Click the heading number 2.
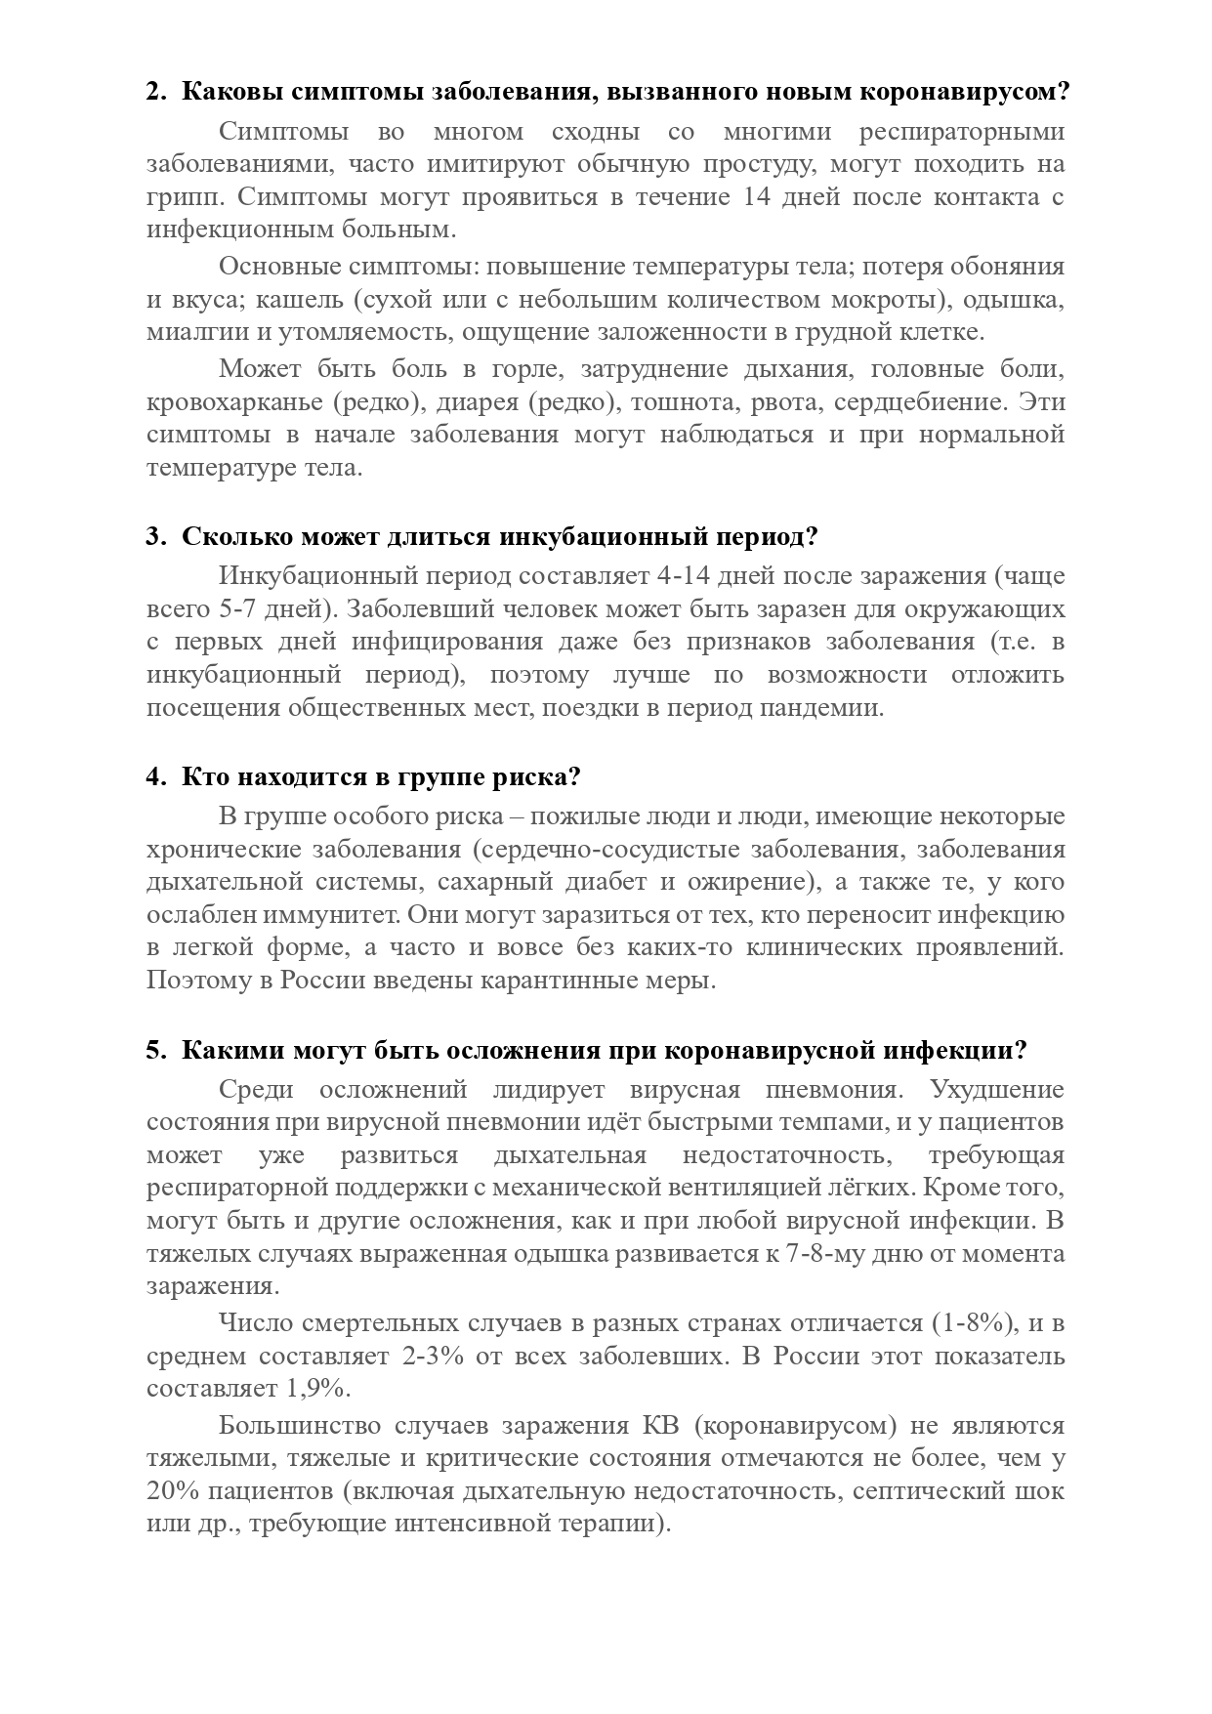coord(154,93)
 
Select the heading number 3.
coord(154,537)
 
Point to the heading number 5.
coord(154,1050)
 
